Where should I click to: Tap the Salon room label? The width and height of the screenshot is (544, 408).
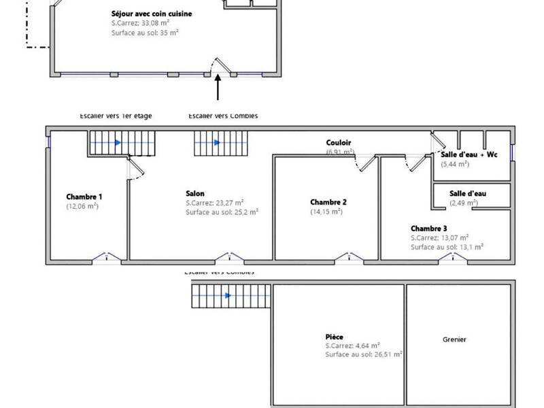pyautogui.click(x=195, y=193)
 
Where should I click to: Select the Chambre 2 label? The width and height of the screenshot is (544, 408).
pyautogui.click(x=328, y=202)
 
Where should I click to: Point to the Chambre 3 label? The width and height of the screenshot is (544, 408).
pyautogui.click(x=429, y=228)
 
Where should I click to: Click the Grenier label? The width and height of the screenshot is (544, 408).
pyautogui.click(x=455, y=339)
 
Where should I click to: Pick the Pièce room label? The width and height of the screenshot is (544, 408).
pyautogui.click(x=334, y=337)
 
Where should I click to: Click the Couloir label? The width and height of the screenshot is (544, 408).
pyautogui.click(x=339, y=143)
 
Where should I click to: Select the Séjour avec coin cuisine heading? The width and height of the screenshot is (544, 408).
pyautogui.click(x=152, y=14)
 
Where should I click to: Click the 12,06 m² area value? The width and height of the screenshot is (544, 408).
pyautogui.click(x=82, y=206)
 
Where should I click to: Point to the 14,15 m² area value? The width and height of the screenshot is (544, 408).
pyautogui.click(x=326, y=211)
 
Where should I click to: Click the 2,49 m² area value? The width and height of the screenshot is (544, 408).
pyautogui.click(x=463, y=203)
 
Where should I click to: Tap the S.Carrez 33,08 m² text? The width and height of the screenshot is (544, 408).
pyautogui.click(x=139, y=22)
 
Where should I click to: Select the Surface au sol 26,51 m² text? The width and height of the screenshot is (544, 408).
pyautogui.click(x=363, y=354)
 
